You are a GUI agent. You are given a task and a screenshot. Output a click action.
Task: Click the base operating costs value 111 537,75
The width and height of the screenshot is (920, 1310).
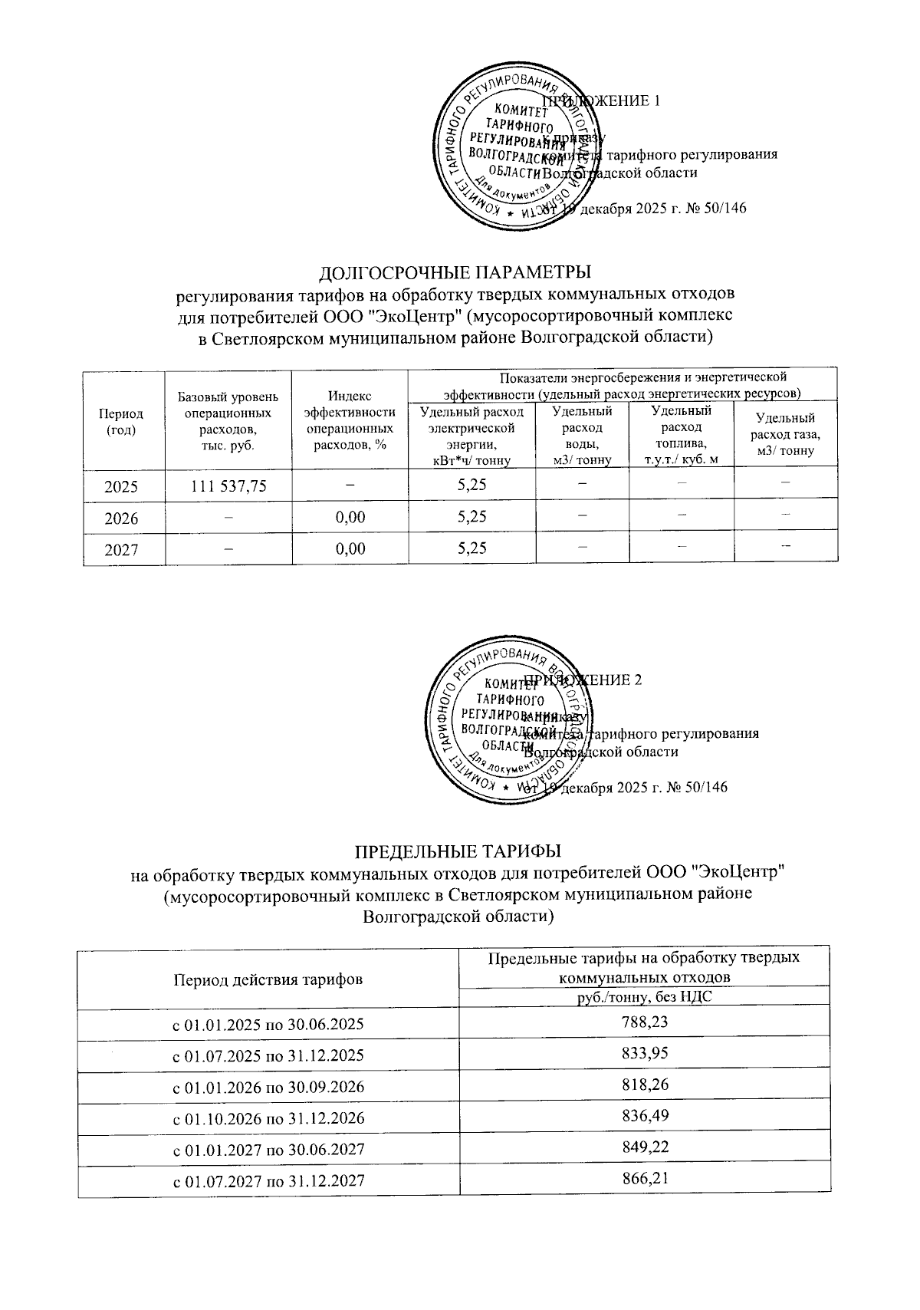click(x=228, y=485)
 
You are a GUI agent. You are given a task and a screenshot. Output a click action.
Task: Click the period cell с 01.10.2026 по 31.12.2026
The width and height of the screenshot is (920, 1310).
click(x=268, y=1118)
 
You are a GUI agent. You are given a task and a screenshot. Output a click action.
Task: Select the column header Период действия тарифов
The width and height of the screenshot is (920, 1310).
click(x=268, y=979)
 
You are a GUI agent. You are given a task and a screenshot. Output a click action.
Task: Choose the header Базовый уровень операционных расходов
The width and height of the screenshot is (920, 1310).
click(x=228, y=420)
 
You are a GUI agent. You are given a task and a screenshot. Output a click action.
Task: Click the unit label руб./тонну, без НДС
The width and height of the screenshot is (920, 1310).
click(x=644, y=998)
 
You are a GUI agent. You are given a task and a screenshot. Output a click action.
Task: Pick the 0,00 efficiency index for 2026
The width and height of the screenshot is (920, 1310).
click(x=350, y=518)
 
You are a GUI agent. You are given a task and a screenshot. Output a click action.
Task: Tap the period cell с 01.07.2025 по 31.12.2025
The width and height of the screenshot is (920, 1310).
click(x=268, y=1055)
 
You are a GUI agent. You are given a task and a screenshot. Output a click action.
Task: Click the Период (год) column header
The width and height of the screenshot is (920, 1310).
click(x=123, y=420)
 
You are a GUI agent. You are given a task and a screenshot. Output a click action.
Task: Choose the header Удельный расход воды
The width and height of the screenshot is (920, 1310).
click(x=582, y=435)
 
